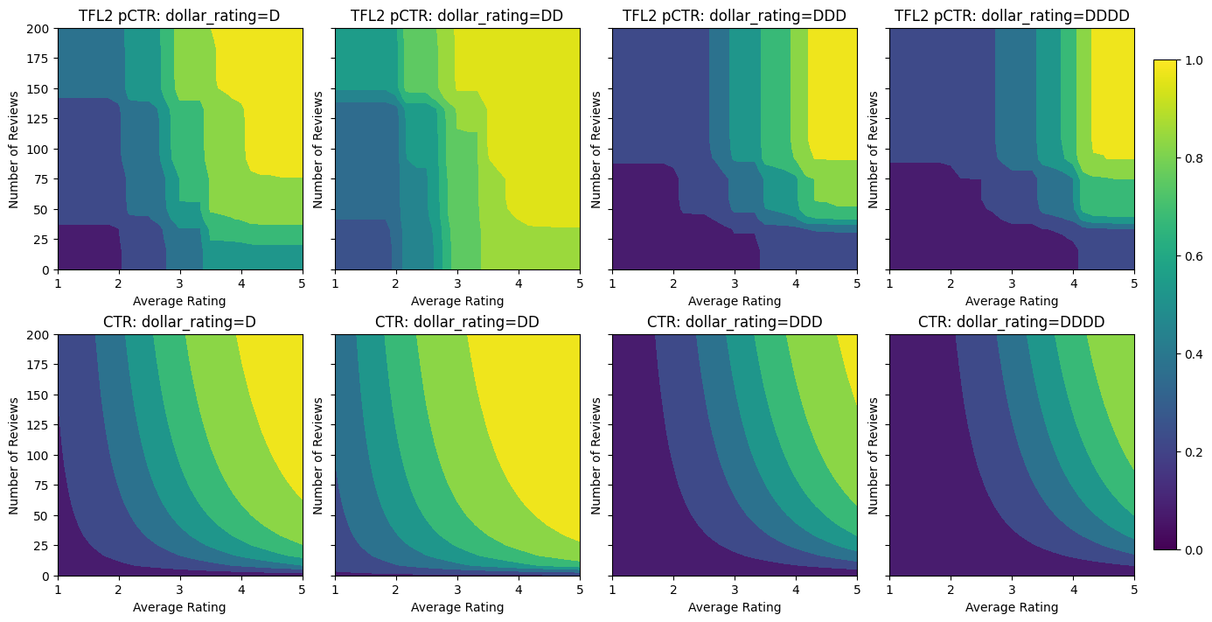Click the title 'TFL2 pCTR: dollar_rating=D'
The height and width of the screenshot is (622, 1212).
pyautogui.click(x=180, y=15)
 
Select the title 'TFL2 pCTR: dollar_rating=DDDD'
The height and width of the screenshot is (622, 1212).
pyautogui.click(x=1012, y=15)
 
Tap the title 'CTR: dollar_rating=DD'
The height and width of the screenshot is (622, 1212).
pyautogui.click(x=457, y=322)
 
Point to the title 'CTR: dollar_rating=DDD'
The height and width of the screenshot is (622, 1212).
pyautogui.click(x=735, y=322)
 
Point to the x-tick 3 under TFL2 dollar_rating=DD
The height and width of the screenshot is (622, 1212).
pyautogui.click(x=457, y=283)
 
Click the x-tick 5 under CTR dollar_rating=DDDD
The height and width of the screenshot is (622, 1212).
pyautogui.click(x=1134, y=590)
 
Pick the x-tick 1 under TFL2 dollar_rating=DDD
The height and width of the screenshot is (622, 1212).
pyautogui.click(x=612, y=283)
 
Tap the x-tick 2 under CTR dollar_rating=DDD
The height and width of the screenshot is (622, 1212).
pyautogui.click(x=673, y=590)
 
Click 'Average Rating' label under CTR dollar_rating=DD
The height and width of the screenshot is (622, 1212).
pyautogui.click(x=457, y=607)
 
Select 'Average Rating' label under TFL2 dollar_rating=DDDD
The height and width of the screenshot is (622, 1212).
pyautogui.click(x=1012, y=301)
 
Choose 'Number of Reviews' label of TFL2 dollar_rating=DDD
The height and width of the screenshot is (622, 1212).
pyautogui.click(x=596, y=149)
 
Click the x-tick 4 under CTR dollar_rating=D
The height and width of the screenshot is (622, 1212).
pyautogui.click(x=241, y=590)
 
